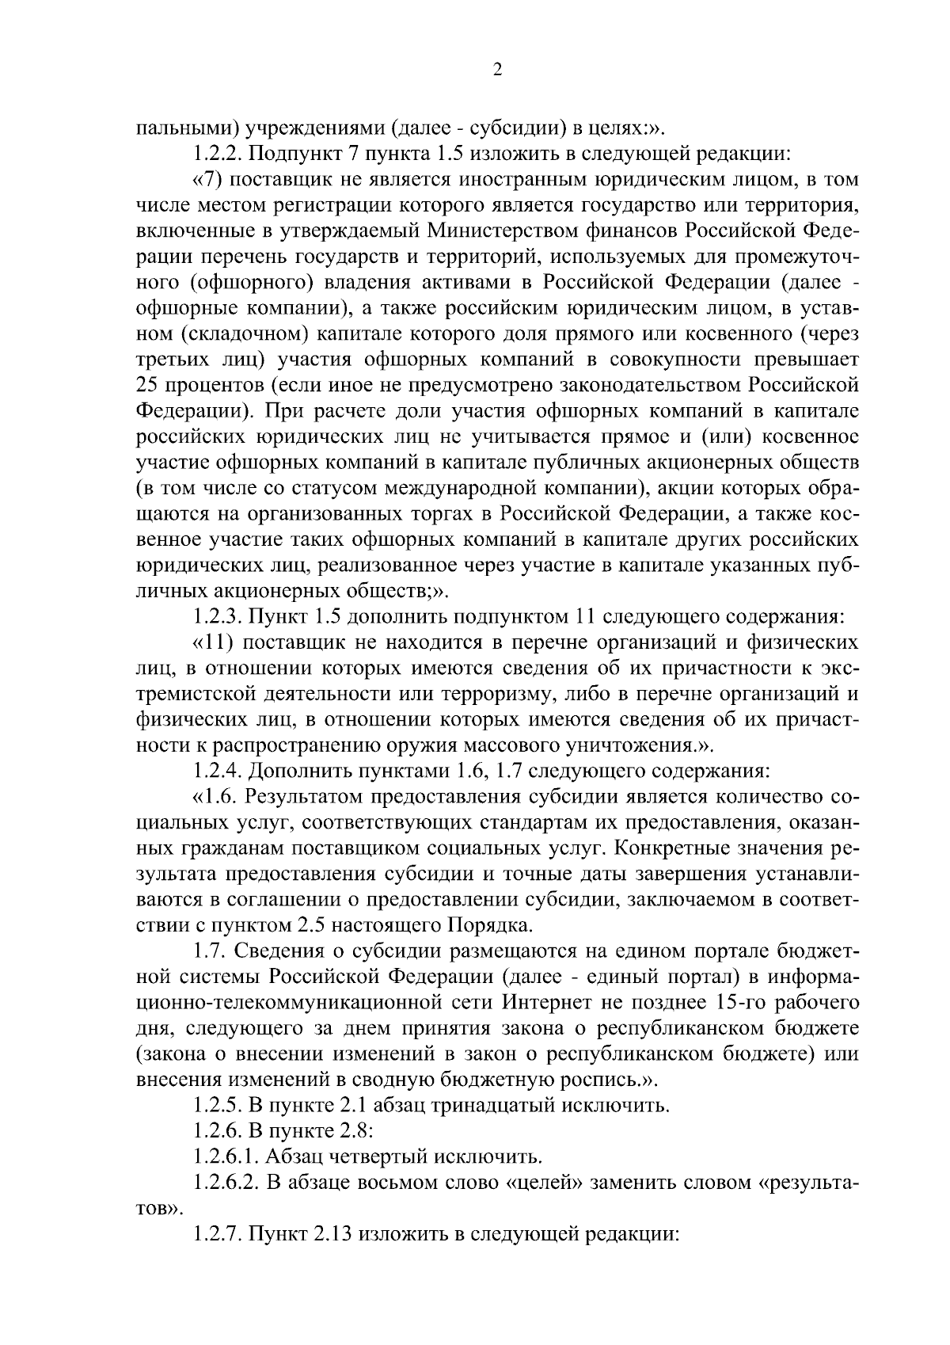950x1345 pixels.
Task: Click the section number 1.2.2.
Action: click(218, 154)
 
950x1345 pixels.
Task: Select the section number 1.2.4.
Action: click(218, 770)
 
